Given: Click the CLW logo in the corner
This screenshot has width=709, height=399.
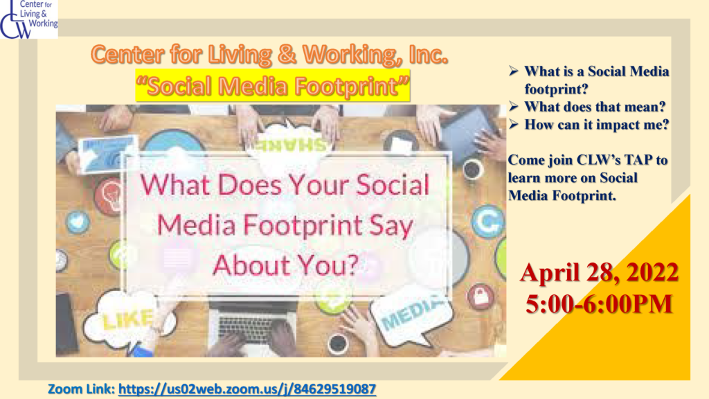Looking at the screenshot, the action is coord(29,19).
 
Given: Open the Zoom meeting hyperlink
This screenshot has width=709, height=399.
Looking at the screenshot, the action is coord(247,389).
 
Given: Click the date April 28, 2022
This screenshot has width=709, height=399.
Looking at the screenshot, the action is coord(599,273).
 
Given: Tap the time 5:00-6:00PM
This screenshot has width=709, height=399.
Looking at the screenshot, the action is coord(599,304).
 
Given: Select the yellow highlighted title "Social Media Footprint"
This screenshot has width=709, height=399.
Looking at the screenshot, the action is coord(273,86).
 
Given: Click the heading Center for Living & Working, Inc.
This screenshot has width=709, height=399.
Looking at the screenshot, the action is coord(269,55).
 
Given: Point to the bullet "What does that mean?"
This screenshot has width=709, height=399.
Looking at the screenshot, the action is coord(595,107).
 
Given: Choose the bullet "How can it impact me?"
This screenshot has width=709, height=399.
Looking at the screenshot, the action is coord(596,125).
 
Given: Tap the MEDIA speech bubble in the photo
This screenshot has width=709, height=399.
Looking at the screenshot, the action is coord(409,314).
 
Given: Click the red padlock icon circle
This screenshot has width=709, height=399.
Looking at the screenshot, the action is coord(481,296).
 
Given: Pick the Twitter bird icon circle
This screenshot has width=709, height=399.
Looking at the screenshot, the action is coord(78,222).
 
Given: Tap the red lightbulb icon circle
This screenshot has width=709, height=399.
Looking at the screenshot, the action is coord(109,195).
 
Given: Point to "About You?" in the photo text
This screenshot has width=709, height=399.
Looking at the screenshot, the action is coord(285,265).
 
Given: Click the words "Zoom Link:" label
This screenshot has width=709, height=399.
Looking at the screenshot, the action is coord(82,389).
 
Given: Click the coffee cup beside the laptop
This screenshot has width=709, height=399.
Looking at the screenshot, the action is coord(338,344).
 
